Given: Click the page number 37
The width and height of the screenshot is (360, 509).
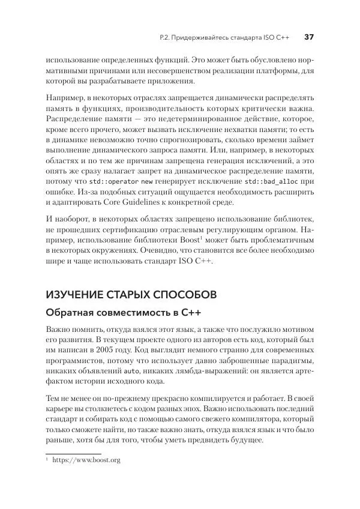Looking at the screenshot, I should pyautogui.click(x=310, y=37).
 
